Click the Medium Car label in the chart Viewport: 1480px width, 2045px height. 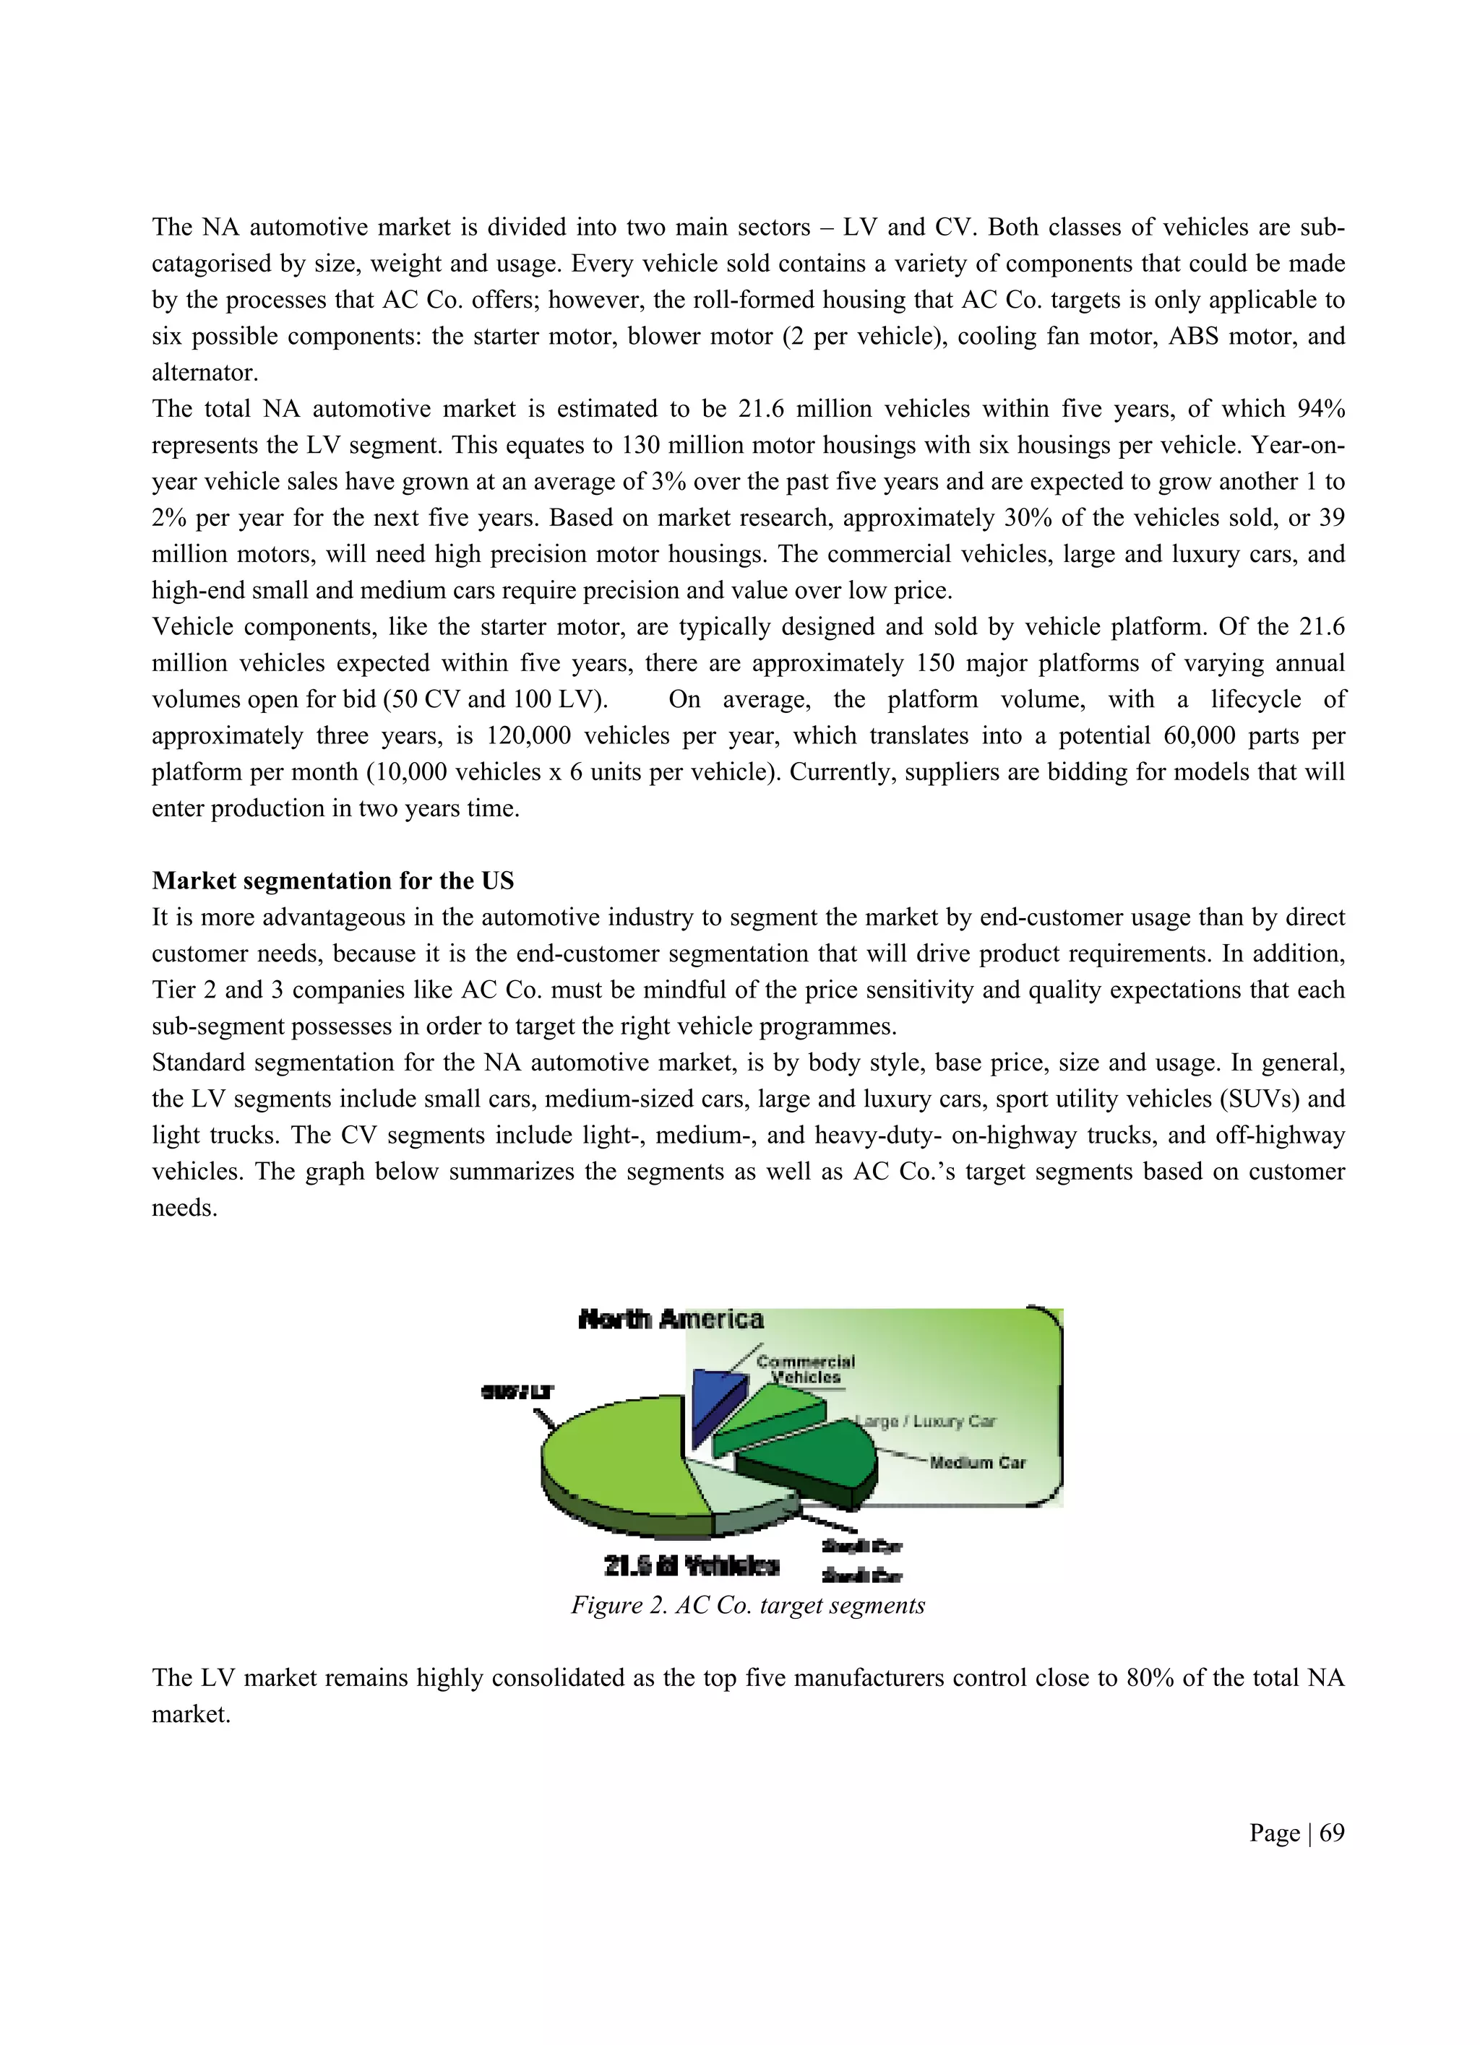(978, 1463)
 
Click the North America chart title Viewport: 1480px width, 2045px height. (671, 1320)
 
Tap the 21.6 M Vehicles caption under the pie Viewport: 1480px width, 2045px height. (691, 1565)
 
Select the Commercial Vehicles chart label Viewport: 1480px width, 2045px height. (805, 1370)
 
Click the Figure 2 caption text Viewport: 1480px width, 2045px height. (748, 1606)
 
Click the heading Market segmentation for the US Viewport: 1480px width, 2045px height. (333, 881)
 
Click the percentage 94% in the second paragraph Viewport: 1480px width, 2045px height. (1320, 410)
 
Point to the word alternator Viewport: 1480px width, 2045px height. (205, 373)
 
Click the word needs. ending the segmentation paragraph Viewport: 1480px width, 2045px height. (185, 1209)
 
